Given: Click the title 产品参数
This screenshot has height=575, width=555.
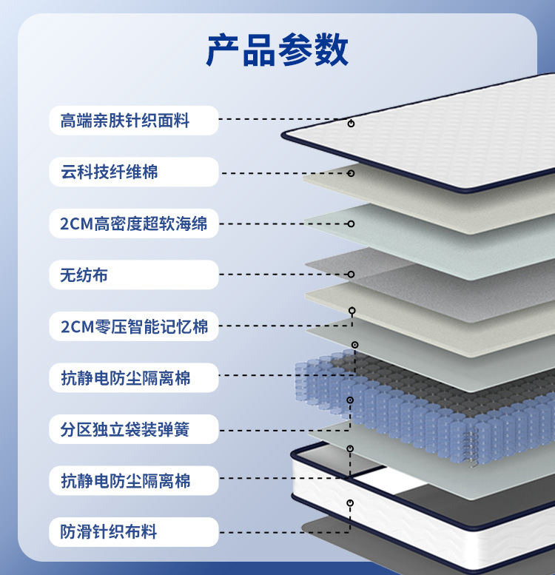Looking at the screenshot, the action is point(277,50).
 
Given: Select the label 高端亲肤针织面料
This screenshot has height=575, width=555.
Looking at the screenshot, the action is point(125,121).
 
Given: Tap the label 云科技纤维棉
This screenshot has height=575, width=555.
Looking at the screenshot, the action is point(110,172).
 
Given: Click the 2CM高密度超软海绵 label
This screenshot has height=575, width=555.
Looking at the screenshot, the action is point(134,223).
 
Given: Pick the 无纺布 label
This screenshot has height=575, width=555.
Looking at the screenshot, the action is point(84,275).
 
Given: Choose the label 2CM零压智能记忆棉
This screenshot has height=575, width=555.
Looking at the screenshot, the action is point(134,326).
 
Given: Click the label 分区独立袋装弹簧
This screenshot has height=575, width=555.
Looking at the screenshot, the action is point(125,429).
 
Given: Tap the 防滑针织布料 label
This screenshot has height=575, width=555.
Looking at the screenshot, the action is point(110,532).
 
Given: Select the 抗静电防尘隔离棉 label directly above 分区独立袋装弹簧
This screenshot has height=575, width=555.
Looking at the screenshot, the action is point(125,378).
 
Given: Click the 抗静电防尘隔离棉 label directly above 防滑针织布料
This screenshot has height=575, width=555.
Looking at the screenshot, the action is point(125,481).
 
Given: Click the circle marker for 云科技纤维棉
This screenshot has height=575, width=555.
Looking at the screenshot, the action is point(351,173).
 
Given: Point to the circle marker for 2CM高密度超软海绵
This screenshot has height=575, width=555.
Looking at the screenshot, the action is point(351,223).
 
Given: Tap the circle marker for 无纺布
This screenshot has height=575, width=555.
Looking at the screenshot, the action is point(351,275).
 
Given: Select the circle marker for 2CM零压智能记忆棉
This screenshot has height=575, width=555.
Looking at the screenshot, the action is point(352,310).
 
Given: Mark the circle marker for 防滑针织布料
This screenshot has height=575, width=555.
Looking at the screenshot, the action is point(351,503).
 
